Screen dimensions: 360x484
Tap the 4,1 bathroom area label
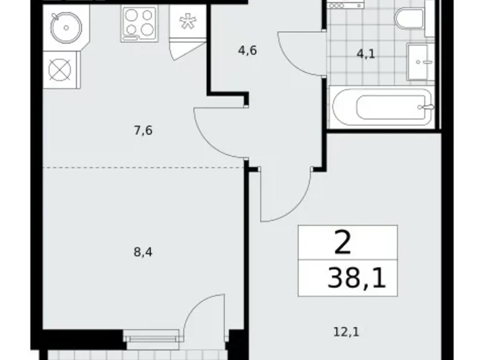point(365,54)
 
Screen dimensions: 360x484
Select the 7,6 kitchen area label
point(142,130)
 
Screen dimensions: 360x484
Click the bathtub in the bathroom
point(383,107)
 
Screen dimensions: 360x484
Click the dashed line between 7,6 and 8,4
point(142,168)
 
